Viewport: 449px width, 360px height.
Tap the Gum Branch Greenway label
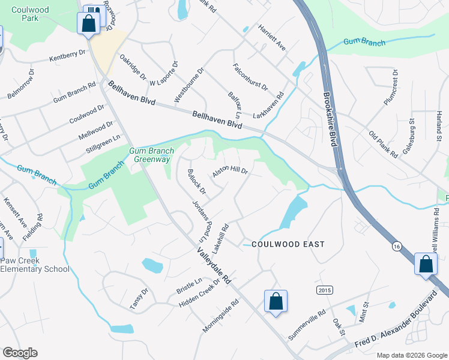pyautogui.click(x=151, y=155)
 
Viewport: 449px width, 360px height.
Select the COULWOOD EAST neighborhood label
pyautogui.click(x=288, y=244)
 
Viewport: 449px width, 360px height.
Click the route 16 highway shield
pyautogui.click(x=396, y=247)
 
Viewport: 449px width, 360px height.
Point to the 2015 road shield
pyautogui.click(x=324, y=290)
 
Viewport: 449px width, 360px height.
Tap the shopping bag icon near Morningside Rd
pyautogui.click(x=276, y=302)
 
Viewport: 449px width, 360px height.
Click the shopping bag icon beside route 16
pyautogui.click(x=426, y=265)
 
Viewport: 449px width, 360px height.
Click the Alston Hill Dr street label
pyautogui.click(x=231, y=172)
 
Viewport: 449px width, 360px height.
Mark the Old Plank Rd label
pyautogui.click(x=384, y=144)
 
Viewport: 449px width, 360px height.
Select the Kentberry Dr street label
pyautogui.click(x=67, y=56)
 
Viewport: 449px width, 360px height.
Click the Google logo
pyautogui.click(x=20, y=353)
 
